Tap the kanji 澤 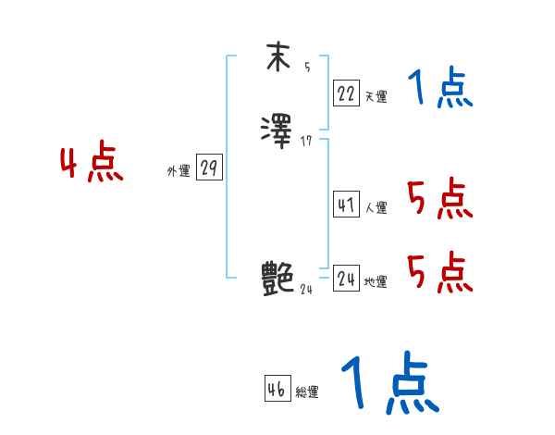coord(277,128)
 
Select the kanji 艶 coord(277,278)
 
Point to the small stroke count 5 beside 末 coord(307,67)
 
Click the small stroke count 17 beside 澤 coord(307,140)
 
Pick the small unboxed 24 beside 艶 coord(307,289)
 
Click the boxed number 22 coord(346,93)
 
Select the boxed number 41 coord(346,205)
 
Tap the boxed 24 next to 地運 coord(346,279)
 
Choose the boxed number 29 coord(209,168)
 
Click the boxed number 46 coord(277,390)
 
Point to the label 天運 coord(376,95)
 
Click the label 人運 coord(376,208)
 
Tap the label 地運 coord(376,281)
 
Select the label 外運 coord(178,171)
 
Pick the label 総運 coord(307,392)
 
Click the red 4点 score coord(92,164)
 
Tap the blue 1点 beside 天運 coord(440,90)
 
